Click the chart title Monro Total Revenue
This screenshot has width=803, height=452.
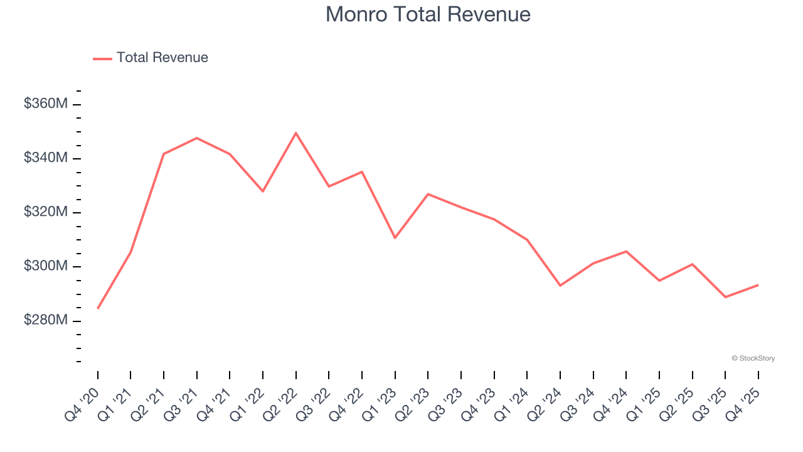click(428, 14)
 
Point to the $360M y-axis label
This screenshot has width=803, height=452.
click(45, 104)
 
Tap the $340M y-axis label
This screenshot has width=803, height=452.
click(45, 158)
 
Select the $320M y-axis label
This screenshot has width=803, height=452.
click(45, 212)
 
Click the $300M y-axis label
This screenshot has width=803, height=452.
click(45, 266)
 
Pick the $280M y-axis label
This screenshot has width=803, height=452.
click(45, 320)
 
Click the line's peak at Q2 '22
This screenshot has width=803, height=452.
click(295, 133)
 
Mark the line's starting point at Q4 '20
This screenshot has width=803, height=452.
click(98, 308)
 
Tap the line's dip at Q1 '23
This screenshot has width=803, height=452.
click(395, 238)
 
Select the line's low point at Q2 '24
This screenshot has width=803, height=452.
click(560, 286)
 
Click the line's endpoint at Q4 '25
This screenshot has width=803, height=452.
click(758, 285)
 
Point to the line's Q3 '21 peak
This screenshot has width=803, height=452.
click(197, 137)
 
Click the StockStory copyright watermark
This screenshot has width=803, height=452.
click(753, 358)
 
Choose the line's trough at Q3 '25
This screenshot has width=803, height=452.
click(725, 297)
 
